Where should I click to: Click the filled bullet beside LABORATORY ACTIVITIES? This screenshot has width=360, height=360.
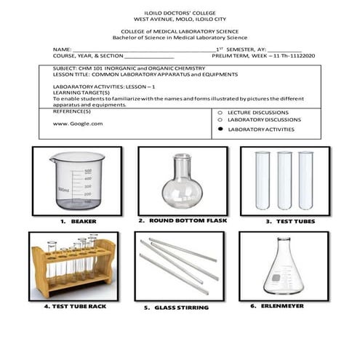(x=220, y=129)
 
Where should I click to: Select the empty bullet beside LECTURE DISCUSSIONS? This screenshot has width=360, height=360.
(x=220, y=113)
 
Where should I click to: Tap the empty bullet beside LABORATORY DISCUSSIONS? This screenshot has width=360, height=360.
(x=220, y=120)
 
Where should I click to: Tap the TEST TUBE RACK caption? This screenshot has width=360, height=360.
(x=73, y=306)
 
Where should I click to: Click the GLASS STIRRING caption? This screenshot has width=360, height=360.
(x=181, y=308)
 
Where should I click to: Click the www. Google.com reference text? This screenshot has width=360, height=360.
(x=78, y=124)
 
